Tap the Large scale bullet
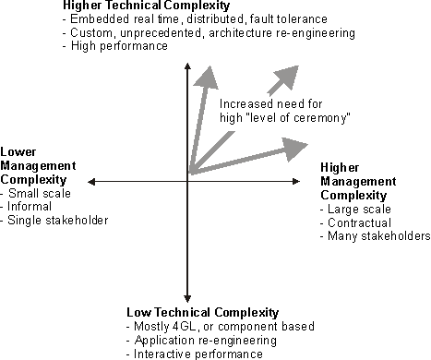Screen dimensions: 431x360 (354, 209)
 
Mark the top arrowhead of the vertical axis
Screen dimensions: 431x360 (187, 66)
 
